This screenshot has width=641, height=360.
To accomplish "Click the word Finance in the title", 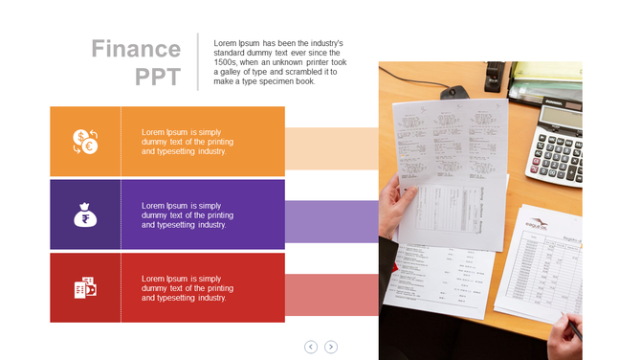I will click(136, 49).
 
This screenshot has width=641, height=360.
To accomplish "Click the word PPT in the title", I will click(158, 78).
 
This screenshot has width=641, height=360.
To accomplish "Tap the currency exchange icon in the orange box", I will click(85, 142).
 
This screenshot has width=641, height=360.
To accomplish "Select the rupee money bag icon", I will click(85, 214).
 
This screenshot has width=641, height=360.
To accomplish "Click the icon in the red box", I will click(85, 287).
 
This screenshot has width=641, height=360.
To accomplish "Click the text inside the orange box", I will click(187, 142).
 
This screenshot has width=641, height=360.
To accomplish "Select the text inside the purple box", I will click(187, 214).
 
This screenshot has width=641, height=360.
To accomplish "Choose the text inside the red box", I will click(187, 287).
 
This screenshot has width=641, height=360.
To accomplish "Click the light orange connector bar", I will click(331, 148).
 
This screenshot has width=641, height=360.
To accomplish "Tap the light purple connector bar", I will click(331, 221).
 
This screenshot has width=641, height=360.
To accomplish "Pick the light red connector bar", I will click(331, 294).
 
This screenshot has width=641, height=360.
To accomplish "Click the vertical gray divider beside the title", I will click(198, 62).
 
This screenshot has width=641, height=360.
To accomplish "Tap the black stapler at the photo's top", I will click(495, 76).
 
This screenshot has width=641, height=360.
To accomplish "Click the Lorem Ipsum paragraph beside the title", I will click(279, 62).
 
